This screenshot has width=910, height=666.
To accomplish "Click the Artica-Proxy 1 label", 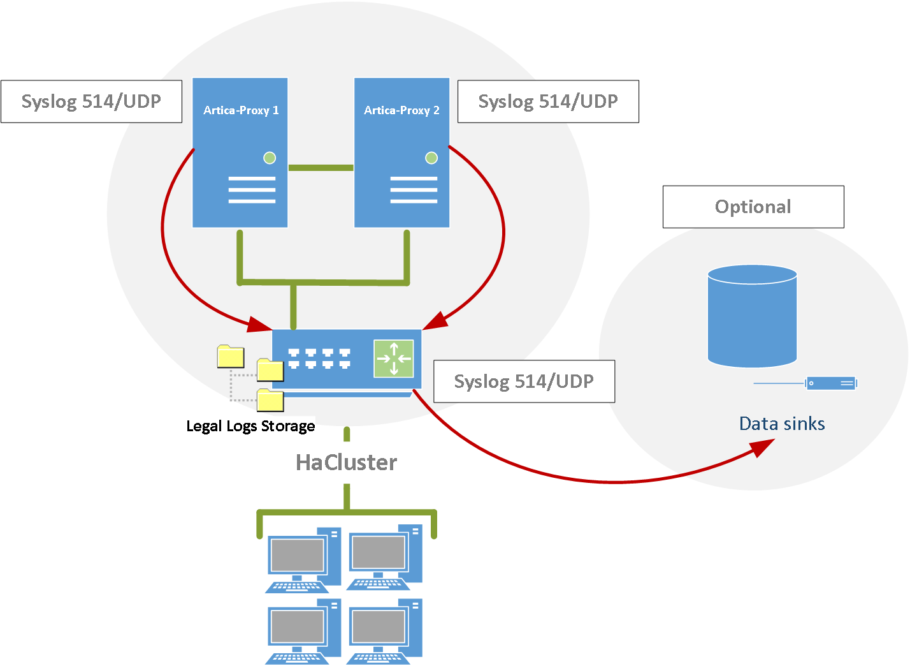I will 241,110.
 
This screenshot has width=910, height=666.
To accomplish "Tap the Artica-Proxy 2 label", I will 401,110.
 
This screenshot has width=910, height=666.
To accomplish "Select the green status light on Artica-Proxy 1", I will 270,158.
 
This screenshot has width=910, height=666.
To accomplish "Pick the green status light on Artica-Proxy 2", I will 431,158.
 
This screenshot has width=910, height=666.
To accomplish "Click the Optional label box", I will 753,207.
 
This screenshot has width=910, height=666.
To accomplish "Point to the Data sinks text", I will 782,424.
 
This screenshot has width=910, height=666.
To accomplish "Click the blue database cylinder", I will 752,317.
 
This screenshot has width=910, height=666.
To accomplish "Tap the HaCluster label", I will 346,463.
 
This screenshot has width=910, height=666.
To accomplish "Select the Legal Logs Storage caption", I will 250,426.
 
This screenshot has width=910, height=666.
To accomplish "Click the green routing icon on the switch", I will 394,358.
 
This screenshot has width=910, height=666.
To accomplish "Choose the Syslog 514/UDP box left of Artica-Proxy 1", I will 91,101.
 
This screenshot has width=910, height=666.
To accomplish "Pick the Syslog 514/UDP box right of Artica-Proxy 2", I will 548,101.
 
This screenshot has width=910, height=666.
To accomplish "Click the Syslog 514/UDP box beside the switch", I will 524,381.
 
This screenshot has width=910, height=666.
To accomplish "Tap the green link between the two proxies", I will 321,168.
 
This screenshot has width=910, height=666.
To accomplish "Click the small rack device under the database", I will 830,383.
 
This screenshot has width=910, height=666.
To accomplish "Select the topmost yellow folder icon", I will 231,357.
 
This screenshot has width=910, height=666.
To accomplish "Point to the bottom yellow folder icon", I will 270,401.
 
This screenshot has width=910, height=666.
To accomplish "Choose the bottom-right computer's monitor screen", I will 378,626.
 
